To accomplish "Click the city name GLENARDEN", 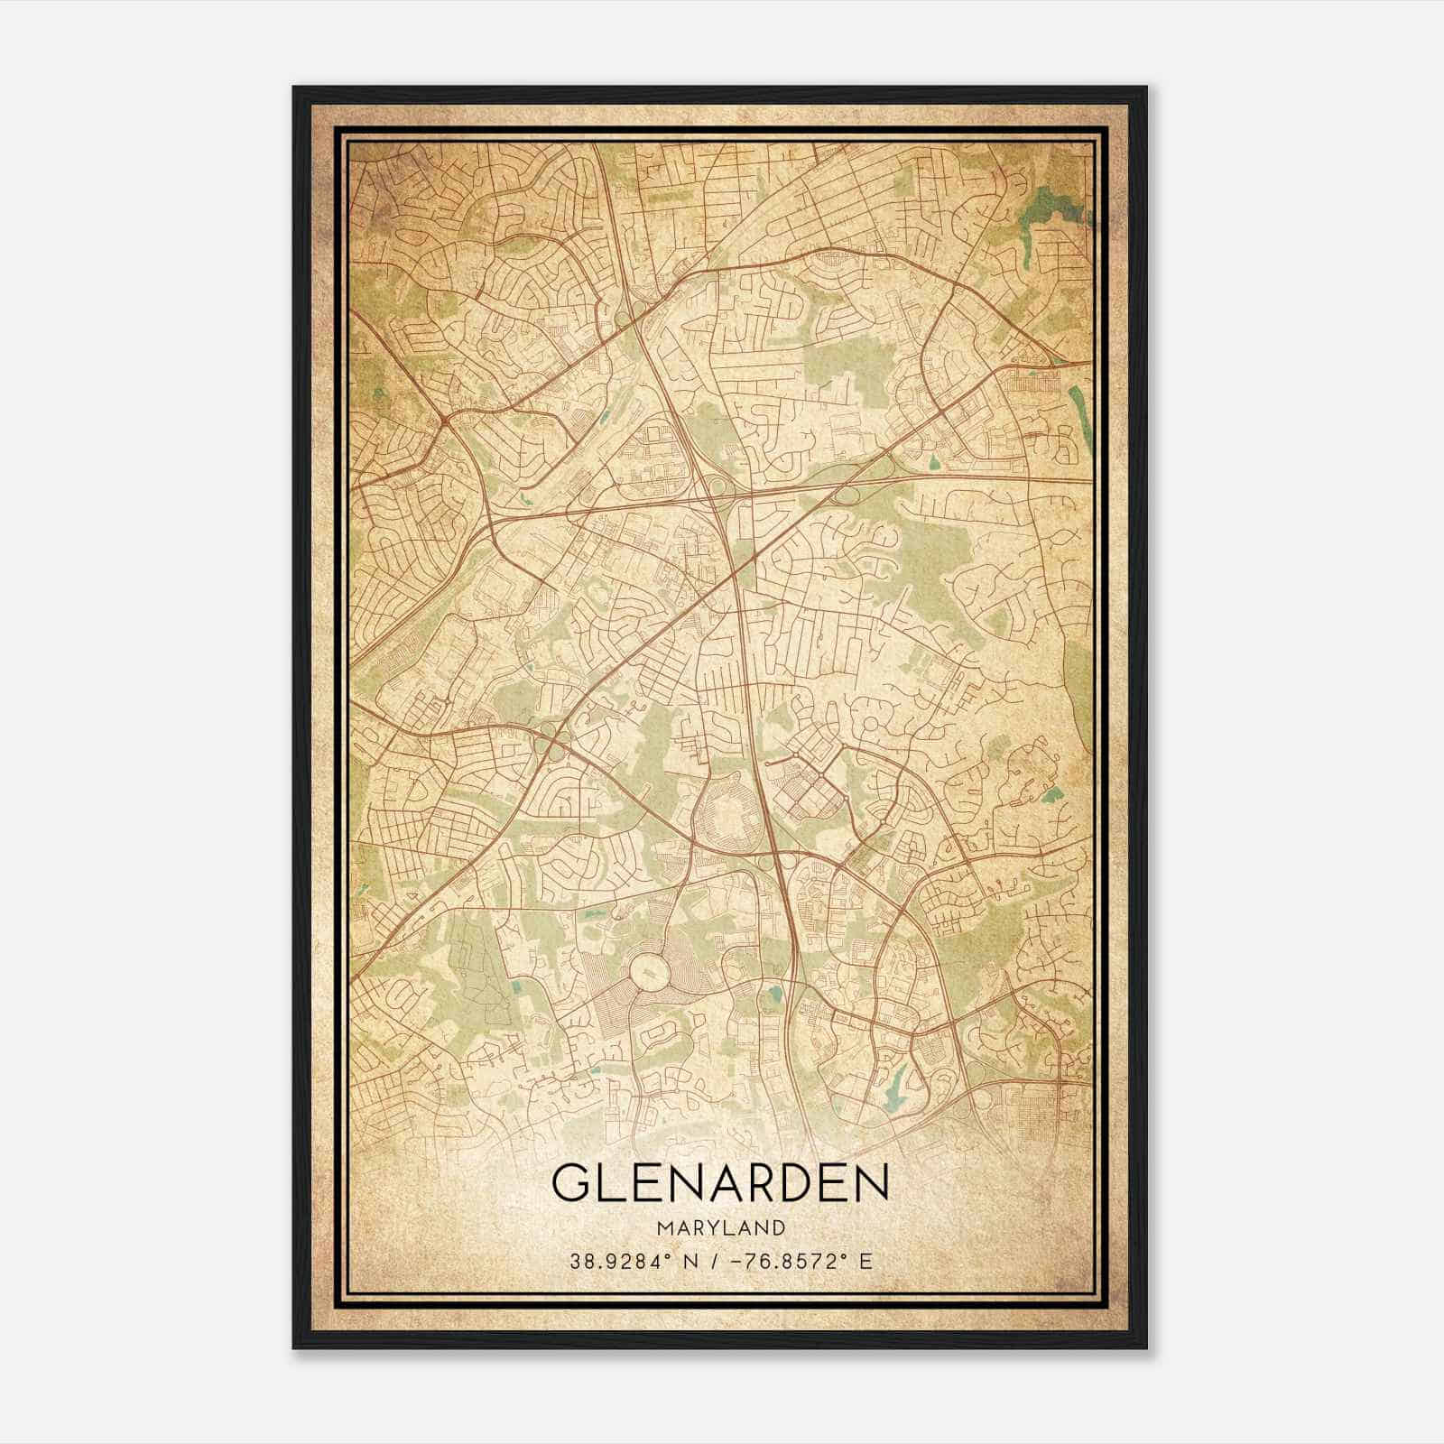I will pyautogui.click(x=720, y=1183).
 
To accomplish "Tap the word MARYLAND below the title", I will pyautogui.click(x=720, y=1227).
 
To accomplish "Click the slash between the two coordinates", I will pyautogui.click(x=714, y=1261).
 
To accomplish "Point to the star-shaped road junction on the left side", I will pyautogui.click(x=446, y=420).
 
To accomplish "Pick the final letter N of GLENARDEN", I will pyautogui.click(x=871, y=1183).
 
